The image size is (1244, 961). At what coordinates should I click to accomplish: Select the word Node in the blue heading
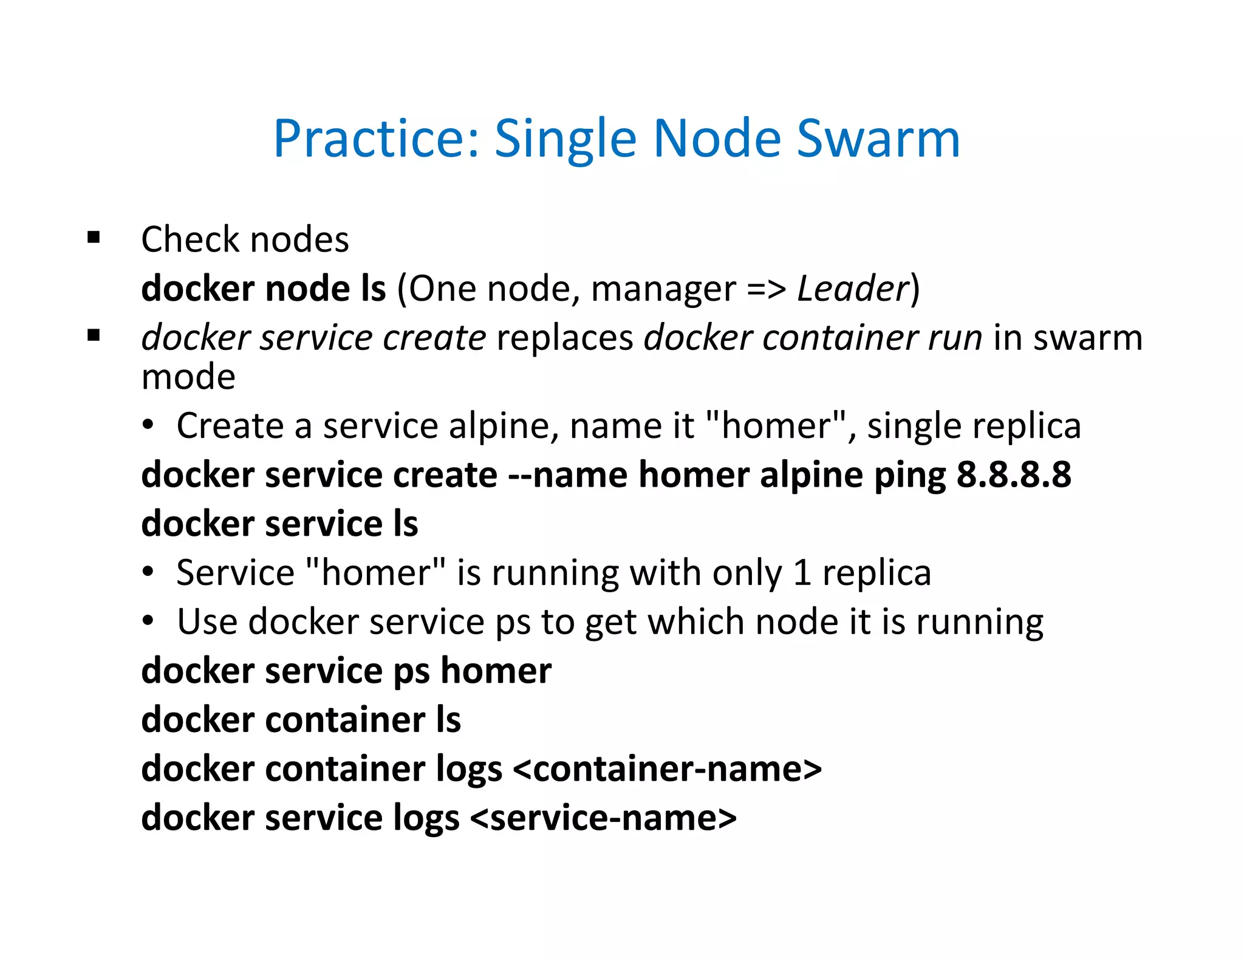(x=717, y=139)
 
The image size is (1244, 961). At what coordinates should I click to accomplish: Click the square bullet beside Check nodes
(x=94, y=238)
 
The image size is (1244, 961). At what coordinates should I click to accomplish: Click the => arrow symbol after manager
(x=766, y=289)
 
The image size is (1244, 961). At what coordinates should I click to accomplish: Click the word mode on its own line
(x=188, y=377)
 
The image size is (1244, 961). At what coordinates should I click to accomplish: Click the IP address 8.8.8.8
(x=1014, y=474)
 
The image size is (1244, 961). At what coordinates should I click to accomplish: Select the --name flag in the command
(x=567, y=474)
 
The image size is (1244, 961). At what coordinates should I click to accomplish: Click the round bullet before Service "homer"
(x=148, y=572)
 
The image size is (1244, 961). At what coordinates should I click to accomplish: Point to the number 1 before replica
(x=802, y=573)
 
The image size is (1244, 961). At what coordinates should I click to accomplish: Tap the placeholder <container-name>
(x=667, y=769)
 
